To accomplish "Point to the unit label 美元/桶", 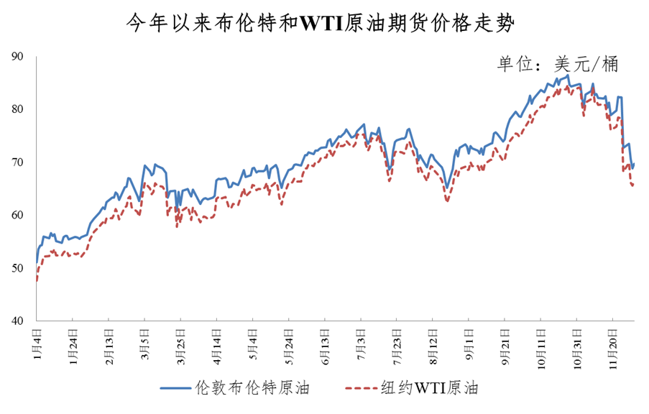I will point(557,64).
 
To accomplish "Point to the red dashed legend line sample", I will point(367,389).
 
